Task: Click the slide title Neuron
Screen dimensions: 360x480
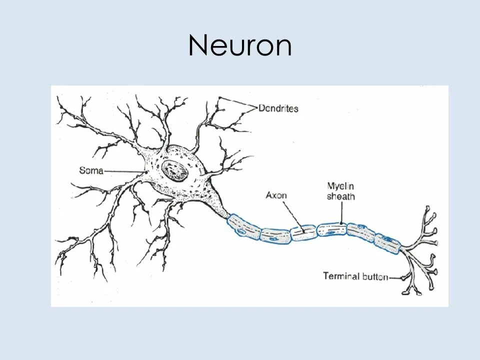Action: click(240, 45)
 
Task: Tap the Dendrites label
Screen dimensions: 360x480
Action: click(278, 108)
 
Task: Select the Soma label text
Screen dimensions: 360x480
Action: click(91, 170)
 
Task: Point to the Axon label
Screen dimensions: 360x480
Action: click(276, 195)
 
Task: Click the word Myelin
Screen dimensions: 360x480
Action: click(340, 186)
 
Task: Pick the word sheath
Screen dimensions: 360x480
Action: click(340, 196)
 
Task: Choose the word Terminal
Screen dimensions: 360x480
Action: click(340, 276)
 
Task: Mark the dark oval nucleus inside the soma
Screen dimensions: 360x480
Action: click(174, 171)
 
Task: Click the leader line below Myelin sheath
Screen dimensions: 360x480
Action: click(341, 212)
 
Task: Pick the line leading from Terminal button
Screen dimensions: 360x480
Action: click(396, 277)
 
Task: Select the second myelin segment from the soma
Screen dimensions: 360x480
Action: click(275, 235)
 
